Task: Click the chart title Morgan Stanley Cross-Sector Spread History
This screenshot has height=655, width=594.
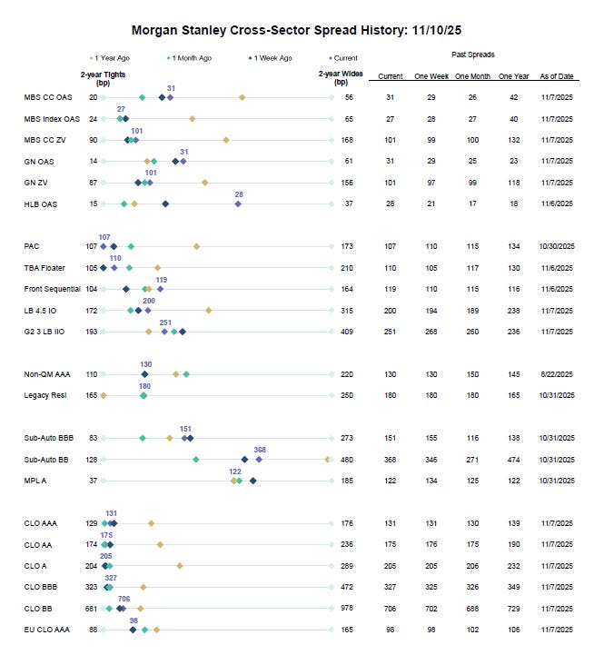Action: point(296,30)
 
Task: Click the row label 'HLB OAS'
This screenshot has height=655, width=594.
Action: point(40,204)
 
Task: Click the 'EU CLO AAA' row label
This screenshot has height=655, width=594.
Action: point(46,629)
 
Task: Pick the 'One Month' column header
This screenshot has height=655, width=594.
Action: point(471,76)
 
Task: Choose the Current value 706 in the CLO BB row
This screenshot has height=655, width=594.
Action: point(390,608)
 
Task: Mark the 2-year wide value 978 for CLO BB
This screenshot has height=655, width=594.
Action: point(347,608)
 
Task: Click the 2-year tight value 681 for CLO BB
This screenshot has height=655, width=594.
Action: point(92,608)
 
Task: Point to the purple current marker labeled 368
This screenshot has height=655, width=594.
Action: point(260,460)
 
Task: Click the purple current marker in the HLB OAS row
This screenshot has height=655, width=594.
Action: point(239,204)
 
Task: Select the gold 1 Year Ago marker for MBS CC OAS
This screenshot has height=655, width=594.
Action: point(242,96)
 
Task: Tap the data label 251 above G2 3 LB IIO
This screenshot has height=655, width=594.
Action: point(165,323)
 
